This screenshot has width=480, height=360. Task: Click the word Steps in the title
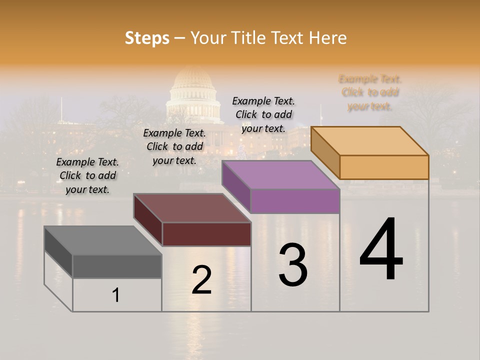pyautogui.click(x=147, y=38)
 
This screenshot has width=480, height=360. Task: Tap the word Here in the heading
pyautogui.click(x=327, y=38)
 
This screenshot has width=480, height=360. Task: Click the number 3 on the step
pyautogui.click(x=293, y=265)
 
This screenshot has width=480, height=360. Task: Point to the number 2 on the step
pyautogui.click(x=202, y=280)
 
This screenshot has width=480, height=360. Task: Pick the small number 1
pyautogui.click(x=116, y=295)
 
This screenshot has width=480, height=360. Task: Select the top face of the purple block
pyautogui.click(x=280, y=175)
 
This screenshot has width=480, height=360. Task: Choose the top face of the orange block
pyautogui.click(x=370, y=141)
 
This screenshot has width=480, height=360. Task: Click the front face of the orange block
pyautogui.click(x=384, y=167)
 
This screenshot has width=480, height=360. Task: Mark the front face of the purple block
pyautogui.click(x=295, y=201)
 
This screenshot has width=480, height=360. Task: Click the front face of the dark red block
pyautogui.click(x=206, y=234)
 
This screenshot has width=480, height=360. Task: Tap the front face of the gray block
pyautogui.click(x=117, y=266)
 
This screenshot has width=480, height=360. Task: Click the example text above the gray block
pyautogui.click(x=87, y=175)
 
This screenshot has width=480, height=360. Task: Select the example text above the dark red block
pyautogui.click(x=174, y=146)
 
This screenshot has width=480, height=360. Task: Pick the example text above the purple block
pyautogui.click(x=263, y=114)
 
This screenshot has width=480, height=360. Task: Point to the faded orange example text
pyautogui.click(x=370, y=92)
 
